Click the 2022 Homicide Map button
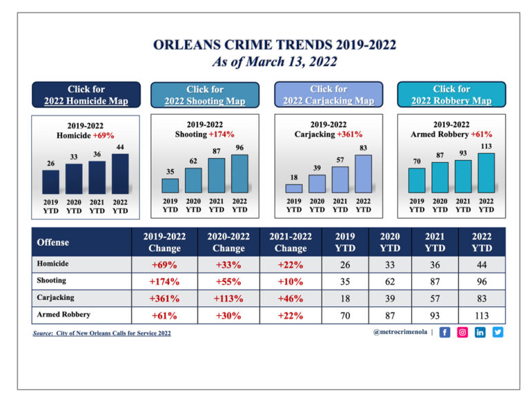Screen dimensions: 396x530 click(86, 95)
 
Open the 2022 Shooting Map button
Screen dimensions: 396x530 click(205, 95)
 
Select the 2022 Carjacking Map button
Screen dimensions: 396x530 click(328, 95)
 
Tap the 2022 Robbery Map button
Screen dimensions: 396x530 click(451, 95)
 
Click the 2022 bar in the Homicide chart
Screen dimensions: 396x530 click(120, 173)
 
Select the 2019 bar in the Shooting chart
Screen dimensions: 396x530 click(170, 186)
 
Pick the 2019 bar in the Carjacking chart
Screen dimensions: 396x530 click(294, 188)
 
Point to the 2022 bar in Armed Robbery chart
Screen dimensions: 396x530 click(486, 172)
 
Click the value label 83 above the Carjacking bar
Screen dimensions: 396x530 click(363, 148)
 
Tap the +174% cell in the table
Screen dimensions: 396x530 click(164, 281)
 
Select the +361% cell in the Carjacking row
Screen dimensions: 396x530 click(164, 298)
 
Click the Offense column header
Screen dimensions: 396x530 click(53, 242)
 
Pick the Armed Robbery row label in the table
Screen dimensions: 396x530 click(63, 315)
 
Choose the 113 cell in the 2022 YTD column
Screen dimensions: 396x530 click(482, 315)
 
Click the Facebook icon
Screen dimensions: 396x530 click(444, 332)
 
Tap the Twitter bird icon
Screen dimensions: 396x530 click(498, 332)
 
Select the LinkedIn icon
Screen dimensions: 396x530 click(480, 332)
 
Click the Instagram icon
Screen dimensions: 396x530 click(462, 332)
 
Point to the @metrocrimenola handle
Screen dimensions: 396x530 click(399, 332)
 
